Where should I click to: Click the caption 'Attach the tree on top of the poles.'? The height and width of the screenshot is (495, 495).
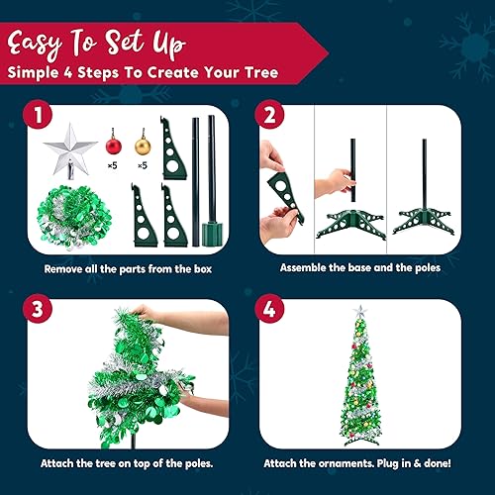(127, 463)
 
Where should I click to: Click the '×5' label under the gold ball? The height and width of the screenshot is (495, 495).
(143, 164)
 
